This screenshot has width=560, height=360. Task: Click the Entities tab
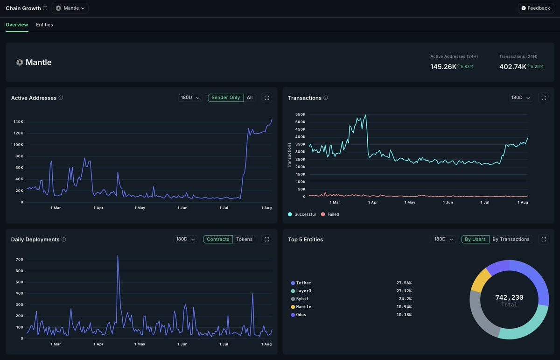click(44, 25)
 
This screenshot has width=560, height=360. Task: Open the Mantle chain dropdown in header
click(70, 8)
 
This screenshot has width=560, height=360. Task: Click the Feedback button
click(536, 8)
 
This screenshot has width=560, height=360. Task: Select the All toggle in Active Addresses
click(250, 98)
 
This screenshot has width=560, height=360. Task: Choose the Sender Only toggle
click(225, 98)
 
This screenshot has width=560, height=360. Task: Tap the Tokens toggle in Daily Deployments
click(244, 239)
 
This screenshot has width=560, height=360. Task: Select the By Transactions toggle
click(511, 239)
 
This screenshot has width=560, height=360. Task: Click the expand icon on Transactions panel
click(544, 98)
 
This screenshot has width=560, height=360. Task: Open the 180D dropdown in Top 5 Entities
click(443, 239)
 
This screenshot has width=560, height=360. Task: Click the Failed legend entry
click(330, 214)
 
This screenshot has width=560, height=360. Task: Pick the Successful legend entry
click(302, 214)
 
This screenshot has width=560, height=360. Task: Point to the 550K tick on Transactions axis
click(300, 114)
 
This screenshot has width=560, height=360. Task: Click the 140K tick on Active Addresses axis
click(18, 122)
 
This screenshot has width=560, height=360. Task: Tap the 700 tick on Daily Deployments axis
click(19, 260)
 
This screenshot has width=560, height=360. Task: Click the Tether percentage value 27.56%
click(404, 283)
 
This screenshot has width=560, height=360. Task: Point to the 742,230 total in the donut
click(509, 297)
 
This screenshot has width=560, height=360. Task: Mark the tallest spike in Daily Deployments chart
click(118, 256)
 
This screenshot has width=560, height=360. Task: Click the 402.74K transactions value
click(512, 67)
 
